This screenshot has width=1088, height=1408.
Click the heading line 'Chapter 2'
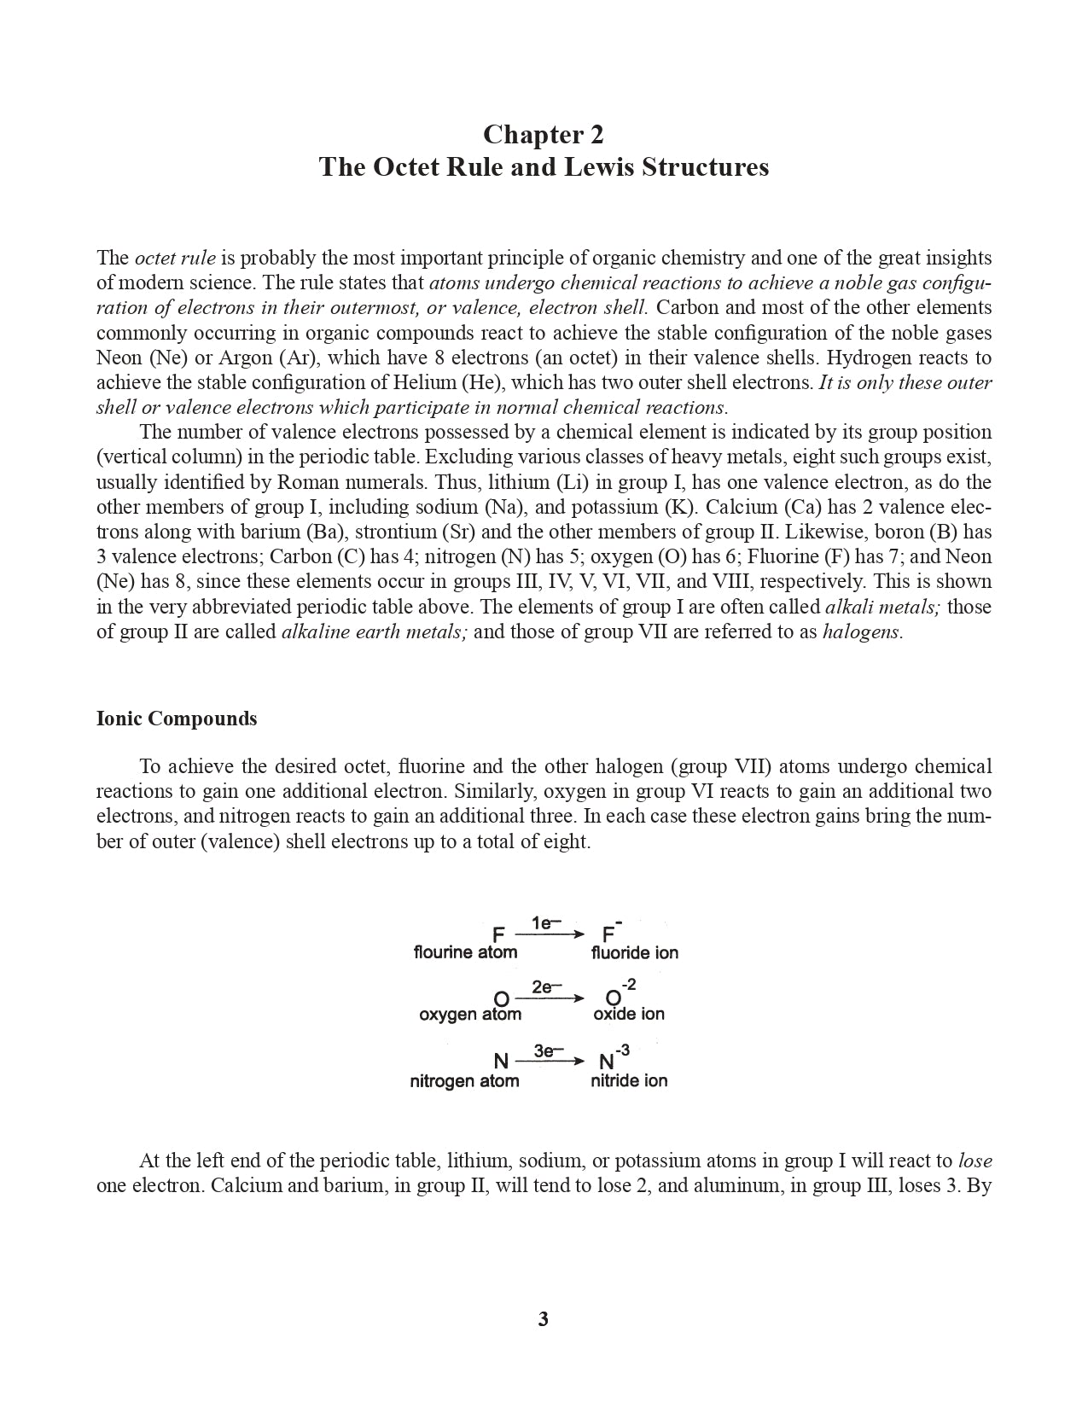point(544,135)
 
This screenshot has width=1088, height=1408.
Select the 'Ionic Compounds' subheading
point(177,719)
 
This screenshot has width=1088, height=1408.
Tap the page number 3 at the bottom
point(544,1319)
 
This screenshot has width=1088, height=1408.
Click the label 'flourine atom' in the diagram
point(465,952)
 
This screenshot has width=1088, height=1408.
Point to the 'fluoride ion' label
point(634,952)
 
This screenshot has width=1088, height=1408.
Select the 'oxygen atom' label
point(470,1015)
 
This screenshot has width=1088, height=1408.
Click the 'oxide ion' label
point(629,1015)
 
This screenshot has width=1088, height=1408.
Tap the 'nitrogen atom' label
point(464,1081)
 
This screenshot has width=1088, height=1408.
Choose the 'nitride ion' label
point(629,1081)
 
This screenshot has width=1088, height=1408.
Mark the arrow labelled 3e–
point(550,1062)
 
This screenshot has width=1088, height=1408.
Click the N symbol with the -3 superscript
point(608,1062)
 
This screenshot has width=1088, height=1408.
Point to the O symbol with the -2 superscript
point(613,998)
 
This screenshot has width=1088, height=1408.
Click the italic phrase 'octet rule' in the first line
point(175,258)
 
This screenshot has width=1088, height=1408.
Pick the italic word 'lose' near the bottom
point(975,1161)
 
